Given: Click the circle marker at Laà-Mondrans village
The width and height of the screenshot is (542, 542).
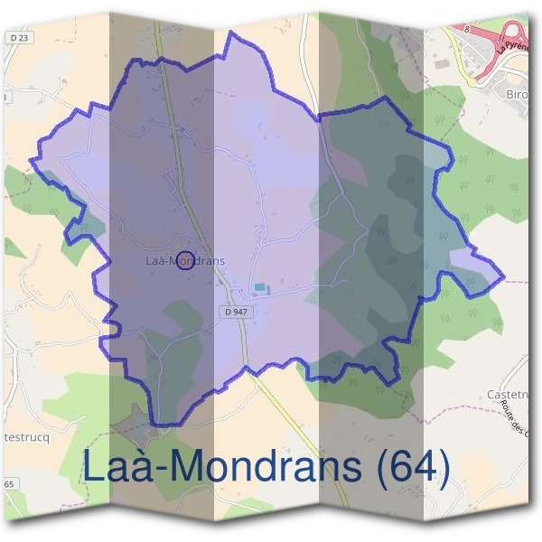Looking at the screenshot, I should click(x=183, y=260).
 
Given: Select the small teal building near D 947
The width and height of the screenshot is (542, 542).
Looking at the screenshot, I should click(x=260, y=287).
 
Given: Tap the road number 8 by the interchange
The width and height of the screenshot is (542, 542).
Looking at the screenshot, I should click(x=469, y=29).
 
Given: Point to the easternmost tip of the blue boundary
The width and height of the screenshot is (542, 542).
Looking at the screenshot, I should click(x=503, y=276).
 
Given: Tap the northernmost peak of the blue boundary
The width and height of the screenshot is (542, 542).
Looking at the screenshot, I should click(x=232, y=33).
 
